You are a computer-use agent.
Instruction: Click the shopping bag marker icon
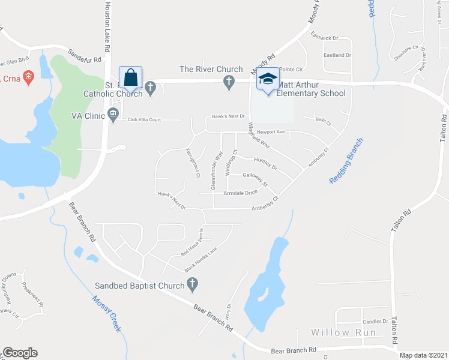[x=130, y=79]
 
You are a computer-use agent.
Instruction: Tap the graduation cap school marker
[x=268, y=79]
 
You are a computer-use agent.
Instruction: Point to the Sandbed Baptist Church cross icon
[x=192, y=286]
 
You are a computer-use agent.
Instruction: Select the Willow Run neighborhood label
[x=343, y=332]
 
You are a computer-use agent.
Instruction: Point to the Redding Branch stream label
[x=346, y=161]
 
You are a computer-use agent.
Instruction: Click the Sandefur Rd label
[x=86, y=58]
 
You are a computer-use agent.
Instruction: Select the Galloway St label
[x=255, y=178]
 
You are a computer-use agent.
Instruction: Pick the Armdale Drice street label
[x=240, y=193]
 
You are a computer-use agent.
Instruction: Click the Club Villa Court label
[x=144, y=120]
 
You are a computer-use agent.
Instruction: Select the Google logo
[x=20, y=353]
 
